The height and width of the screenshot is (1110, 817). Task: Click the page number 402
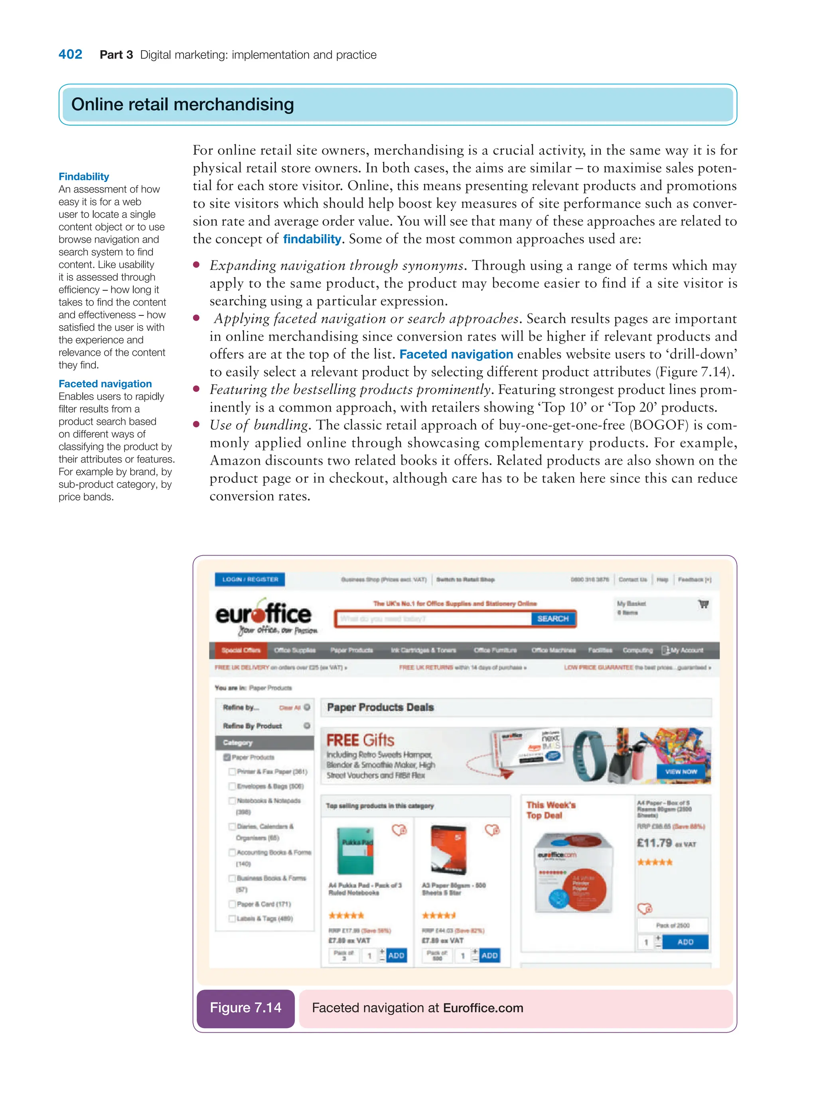click(70, 54)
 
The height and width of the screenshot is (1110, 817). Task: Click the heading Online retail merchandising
click(182, 104)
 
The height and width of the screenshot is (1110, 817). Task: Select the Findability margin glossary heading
click(84, 177)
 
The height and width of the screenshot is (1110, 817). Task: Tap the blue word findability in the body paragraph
click(312, 239)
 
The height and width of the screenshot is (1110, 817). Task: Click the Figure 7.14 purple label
click(245, 1007)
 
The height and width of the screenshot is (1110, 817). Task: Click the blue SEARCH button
click(553, 619)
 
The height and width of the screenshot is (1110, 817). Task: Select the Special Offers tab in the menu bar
click(240, 650)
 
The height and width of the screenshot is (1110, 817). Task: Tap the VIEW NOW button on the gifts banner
click(681, 771)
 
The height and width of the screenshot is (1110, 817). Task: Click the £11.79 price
click(654, 843)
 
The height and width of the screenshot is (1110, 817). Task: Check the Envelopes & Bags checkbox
click(232, 786)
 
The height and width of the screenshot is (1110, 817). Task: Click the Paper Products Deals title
click(380, 708)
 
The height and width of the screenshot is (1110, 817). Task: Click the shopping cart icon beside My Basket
click(703, 604)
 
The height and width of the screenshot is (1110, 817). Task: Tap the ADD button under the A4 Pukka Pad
click(396, 955)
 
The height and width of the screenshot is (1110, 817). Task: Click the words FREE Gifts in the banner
click(360, 740)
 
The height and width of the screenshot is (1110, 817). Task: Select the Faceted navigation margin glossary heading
click(105, 384)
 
